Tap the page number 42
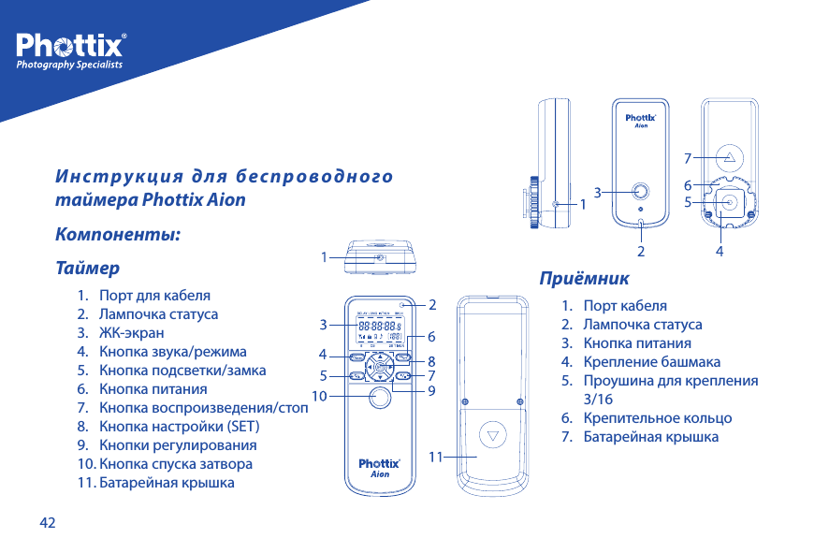click(x=47, y=521)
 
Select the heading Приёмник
click(x=584, y=278)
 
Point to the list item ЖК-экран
click(x=131, y=332)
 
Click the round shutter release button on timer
click(x=379, y=399)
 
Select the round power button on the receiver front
click(x=641, y=191)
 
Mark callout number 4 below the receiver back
click(x=720, y=252)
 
